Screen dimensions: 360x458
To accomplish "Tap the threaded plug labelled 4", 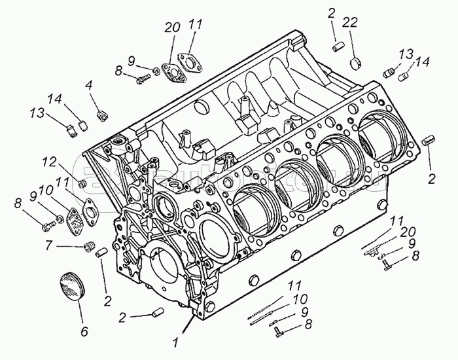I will (101, 116).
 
